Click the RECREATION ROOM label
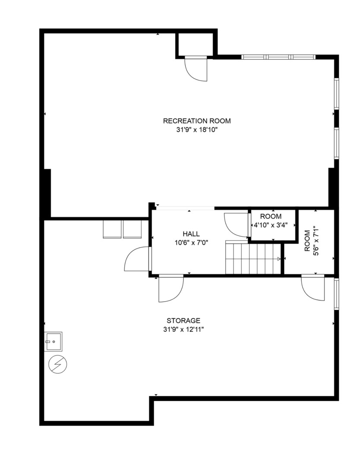pyautogui.click(x=196, y=121)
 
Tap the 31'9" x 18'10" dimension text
pyautogui.click(x=196, y=129)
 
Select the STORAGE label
pyautogui.click(x=183, y=321)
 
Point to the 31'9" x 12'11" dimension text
pyautogui.click(x=183, y=329)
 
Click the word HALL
pyautogui.click(x=190, y=234)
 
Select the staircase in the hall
pyautogui.click(x=253, y=258)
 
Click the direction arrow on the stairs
pyautogui.click(x=278, y=259)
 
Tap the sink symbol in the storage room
pyautogui.click(x=54, y=341)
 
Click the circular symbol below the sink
pyautogui.click(x=58, y=365)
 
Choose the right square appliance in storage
pyautogui.click(x=132, y=229)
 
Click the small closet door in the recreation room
pyautogui.click(x=196, y=68)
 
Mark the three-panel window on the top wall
pyautogui.click(x=278, y=57)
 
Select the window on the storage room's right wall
pyautogui.click(x=336, y=294)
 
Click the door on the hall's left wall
pyautogui.click(x=137, y=259)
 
